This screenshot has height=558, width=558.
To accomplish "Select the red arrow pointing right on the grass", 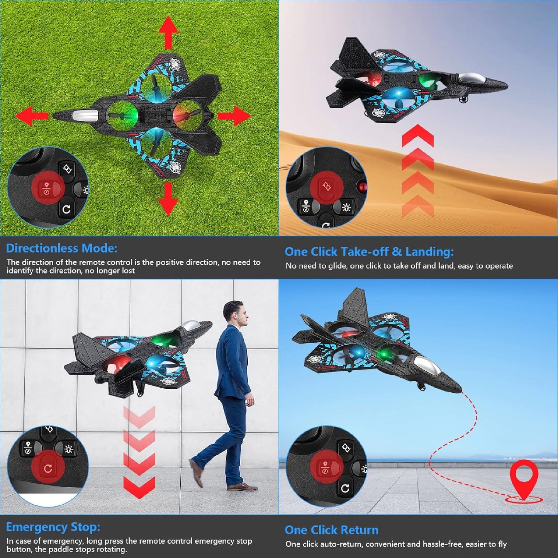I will point(234,116).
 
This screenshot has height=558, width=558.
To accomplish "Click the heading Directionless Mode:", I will point(61,248).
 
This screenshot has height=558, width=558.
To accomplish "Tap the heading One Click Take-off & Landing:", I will point(369,252).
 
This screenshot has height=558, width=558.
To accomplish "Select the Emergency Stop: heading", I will point(53,527).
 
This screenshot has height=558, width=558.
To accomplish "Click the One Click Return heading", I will point(331,530).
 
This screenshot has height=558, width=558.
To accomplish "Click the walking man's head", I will point(236,314).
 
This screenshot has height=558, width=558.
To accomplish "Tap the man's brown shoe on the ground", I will point(242,487).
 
